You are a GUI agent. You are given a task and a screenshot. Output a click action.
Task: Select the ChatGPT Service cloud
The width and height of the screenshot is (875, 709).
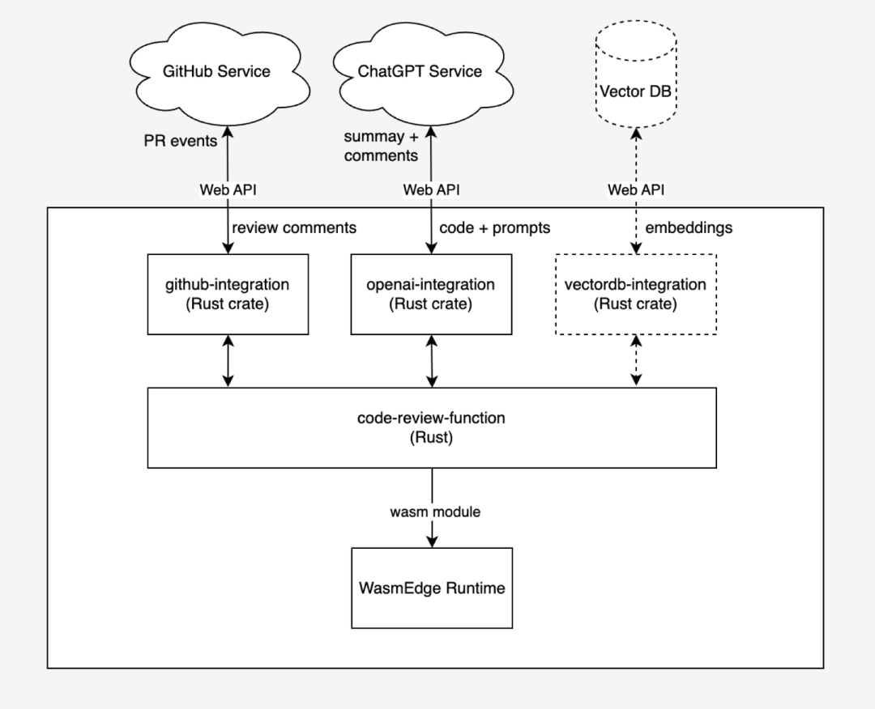coord(420,71)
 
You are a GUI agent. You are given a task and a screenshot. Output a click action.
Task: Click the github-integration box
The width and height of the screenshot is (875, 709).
coord(228,294)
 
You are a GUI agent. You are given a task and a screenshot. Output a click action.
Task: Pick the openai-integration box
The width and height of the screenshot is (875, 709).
coord(431,294)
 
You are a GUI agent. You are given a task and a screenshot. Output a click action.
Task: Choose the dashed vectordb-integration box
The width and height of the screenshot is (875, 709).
coord(635,294)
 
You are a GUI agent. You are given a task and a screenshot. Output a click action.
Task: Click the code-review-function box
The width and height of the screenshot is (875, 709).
coord(431,427)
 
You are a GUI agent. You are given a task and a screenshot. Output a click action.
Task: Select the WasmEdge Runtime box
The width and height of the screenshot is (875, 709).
coord(431,588)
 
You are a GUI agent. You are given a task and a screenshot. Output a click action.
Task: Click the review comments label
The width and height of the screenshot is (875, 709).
coord(294,228)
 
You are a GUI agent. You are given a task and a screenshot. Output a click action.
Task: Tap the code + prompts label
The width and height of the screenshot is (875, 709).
coord(493,228)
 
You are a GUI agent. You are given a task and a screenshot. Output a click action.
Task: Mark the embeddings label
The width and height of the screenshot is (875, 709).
coord(689,228)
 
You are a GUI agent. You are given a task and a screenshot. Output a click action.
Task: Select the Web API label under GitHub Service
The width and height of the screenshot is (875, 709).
coord(228,190)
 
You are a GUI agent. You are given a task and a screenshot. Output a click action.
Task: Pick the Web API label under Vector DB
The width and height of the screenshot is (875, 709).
coord(636,190)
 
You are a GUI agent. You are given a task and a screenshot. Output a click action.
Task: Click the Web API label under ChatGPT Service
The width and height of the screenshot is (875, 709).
coord(431,190)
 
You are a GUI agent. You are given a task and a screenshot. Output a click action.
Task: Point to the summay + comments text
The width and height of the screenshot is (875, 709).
coord(381,147)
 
